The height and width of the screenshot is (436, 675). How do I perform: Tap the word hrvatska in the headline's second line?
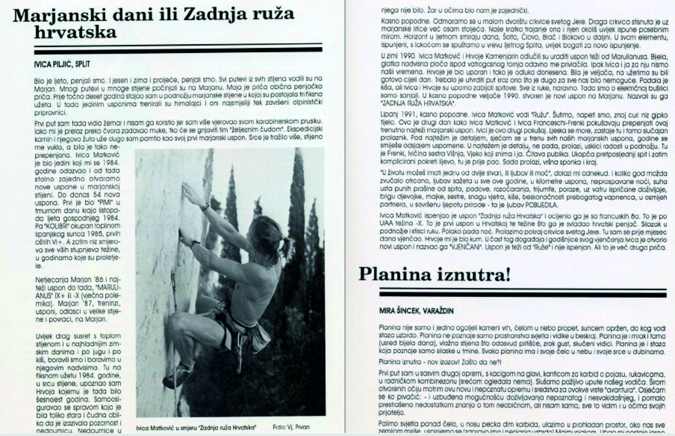[x=76, y=32]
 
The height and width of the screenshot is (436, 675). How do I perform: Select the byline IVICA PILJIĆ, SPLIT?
[x=62, y=65]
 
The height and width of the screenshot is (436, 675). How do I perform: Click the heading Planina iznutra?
[x=435, y=275]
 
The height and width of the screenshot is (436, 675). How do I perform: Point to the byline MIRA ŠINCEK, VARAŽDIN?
[x=416, y=311]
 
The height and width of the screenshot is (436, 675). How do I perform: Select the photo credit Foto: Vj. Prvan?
[x=291, y=427]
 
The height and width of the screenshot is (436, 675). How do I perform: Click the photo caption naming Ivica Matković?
[x=197, y=427]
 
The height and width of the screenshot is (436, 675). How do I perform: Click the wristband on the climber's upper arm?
[x=205, y=207]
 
